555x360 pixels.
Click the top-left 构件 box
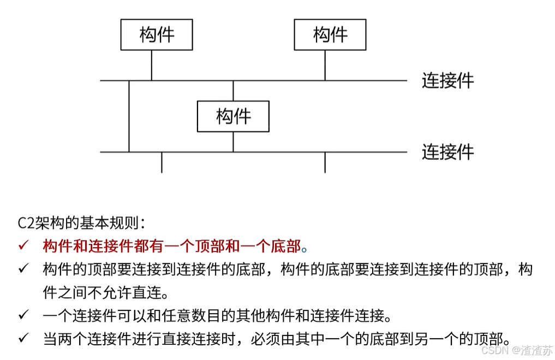click(x=157, y=35)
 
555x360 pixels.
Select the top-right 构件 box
click(x=330, y=35)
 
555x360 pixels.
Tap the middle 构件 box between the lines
click(x=233, y=116)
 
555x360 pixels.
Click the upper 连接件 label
click(x=447, y=81)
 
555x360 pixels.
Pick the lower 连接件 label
click(x=447, y=152)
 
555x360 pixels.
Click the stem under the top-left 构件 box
click(x=152, y=65)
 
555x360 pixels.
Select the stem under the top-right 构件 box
click(x=325, y=65)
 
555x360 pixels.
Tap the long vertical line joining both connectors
click(x=129, y=116)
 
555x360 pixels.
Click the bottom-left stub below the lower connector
click(x=162, y=163)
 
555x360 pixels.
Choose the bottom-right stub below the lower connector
click(x=325, y=163)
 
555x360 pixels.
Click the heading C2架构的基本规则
click(x=82, y=223)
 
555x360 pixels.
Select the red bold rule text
click(x=172, y=247)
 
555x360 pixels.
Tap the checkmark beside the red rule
click(x=23, y=247)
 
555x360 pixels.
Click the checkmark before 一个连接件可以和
click(x=23, y=315)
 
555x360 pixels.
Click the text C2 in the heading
click(x=25, y=223)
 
